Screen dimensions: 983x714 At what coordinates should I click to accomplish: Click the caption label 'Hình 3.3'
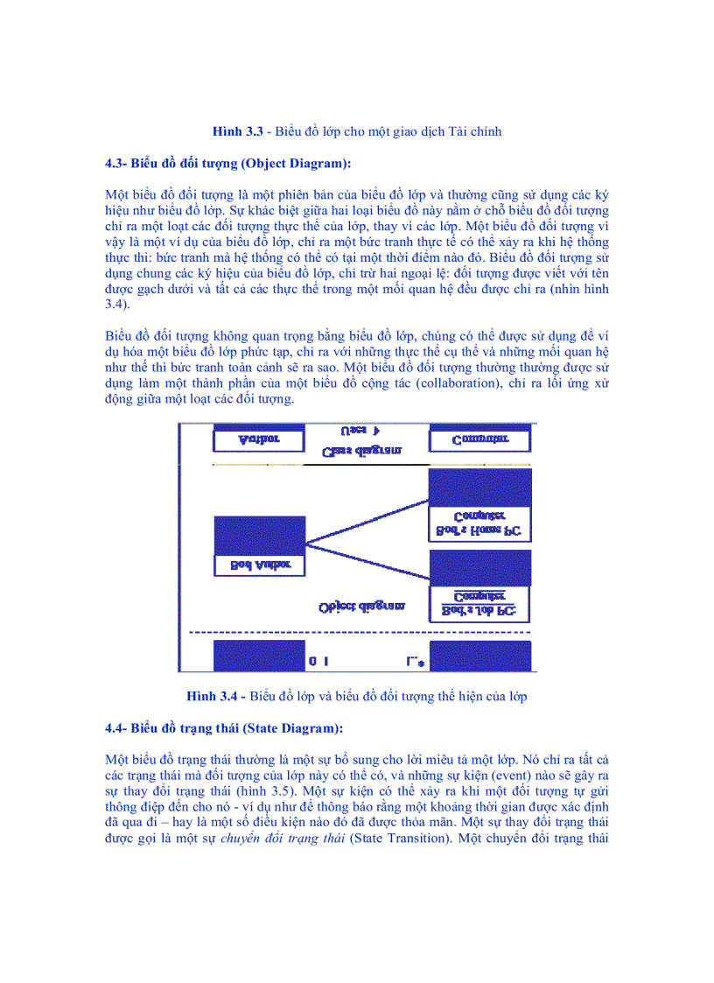[x=238, y=131]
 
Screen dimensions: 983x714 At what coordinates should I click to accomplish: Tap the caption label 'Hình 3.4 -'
[x=216, y=697]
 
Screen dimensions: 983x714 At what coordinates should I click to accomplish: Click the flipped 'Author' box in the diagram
[x=259, y=438]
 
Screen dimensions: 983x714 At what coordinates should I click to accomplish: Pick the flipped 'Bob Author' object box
[x=259, y=546]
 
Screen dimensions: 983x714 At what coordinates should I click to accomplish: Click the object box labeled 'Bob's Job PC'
[x=479, y=581]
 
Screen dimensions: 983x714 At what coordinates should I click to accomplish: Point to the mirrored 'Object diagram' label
[x=361, y=606]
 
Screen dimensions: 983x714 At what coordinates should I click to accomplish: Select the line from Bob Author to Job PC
[x=367, y=565]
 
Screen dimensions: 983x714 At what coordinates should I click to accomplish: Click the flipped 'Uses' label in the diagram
[x=360, y=431]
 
